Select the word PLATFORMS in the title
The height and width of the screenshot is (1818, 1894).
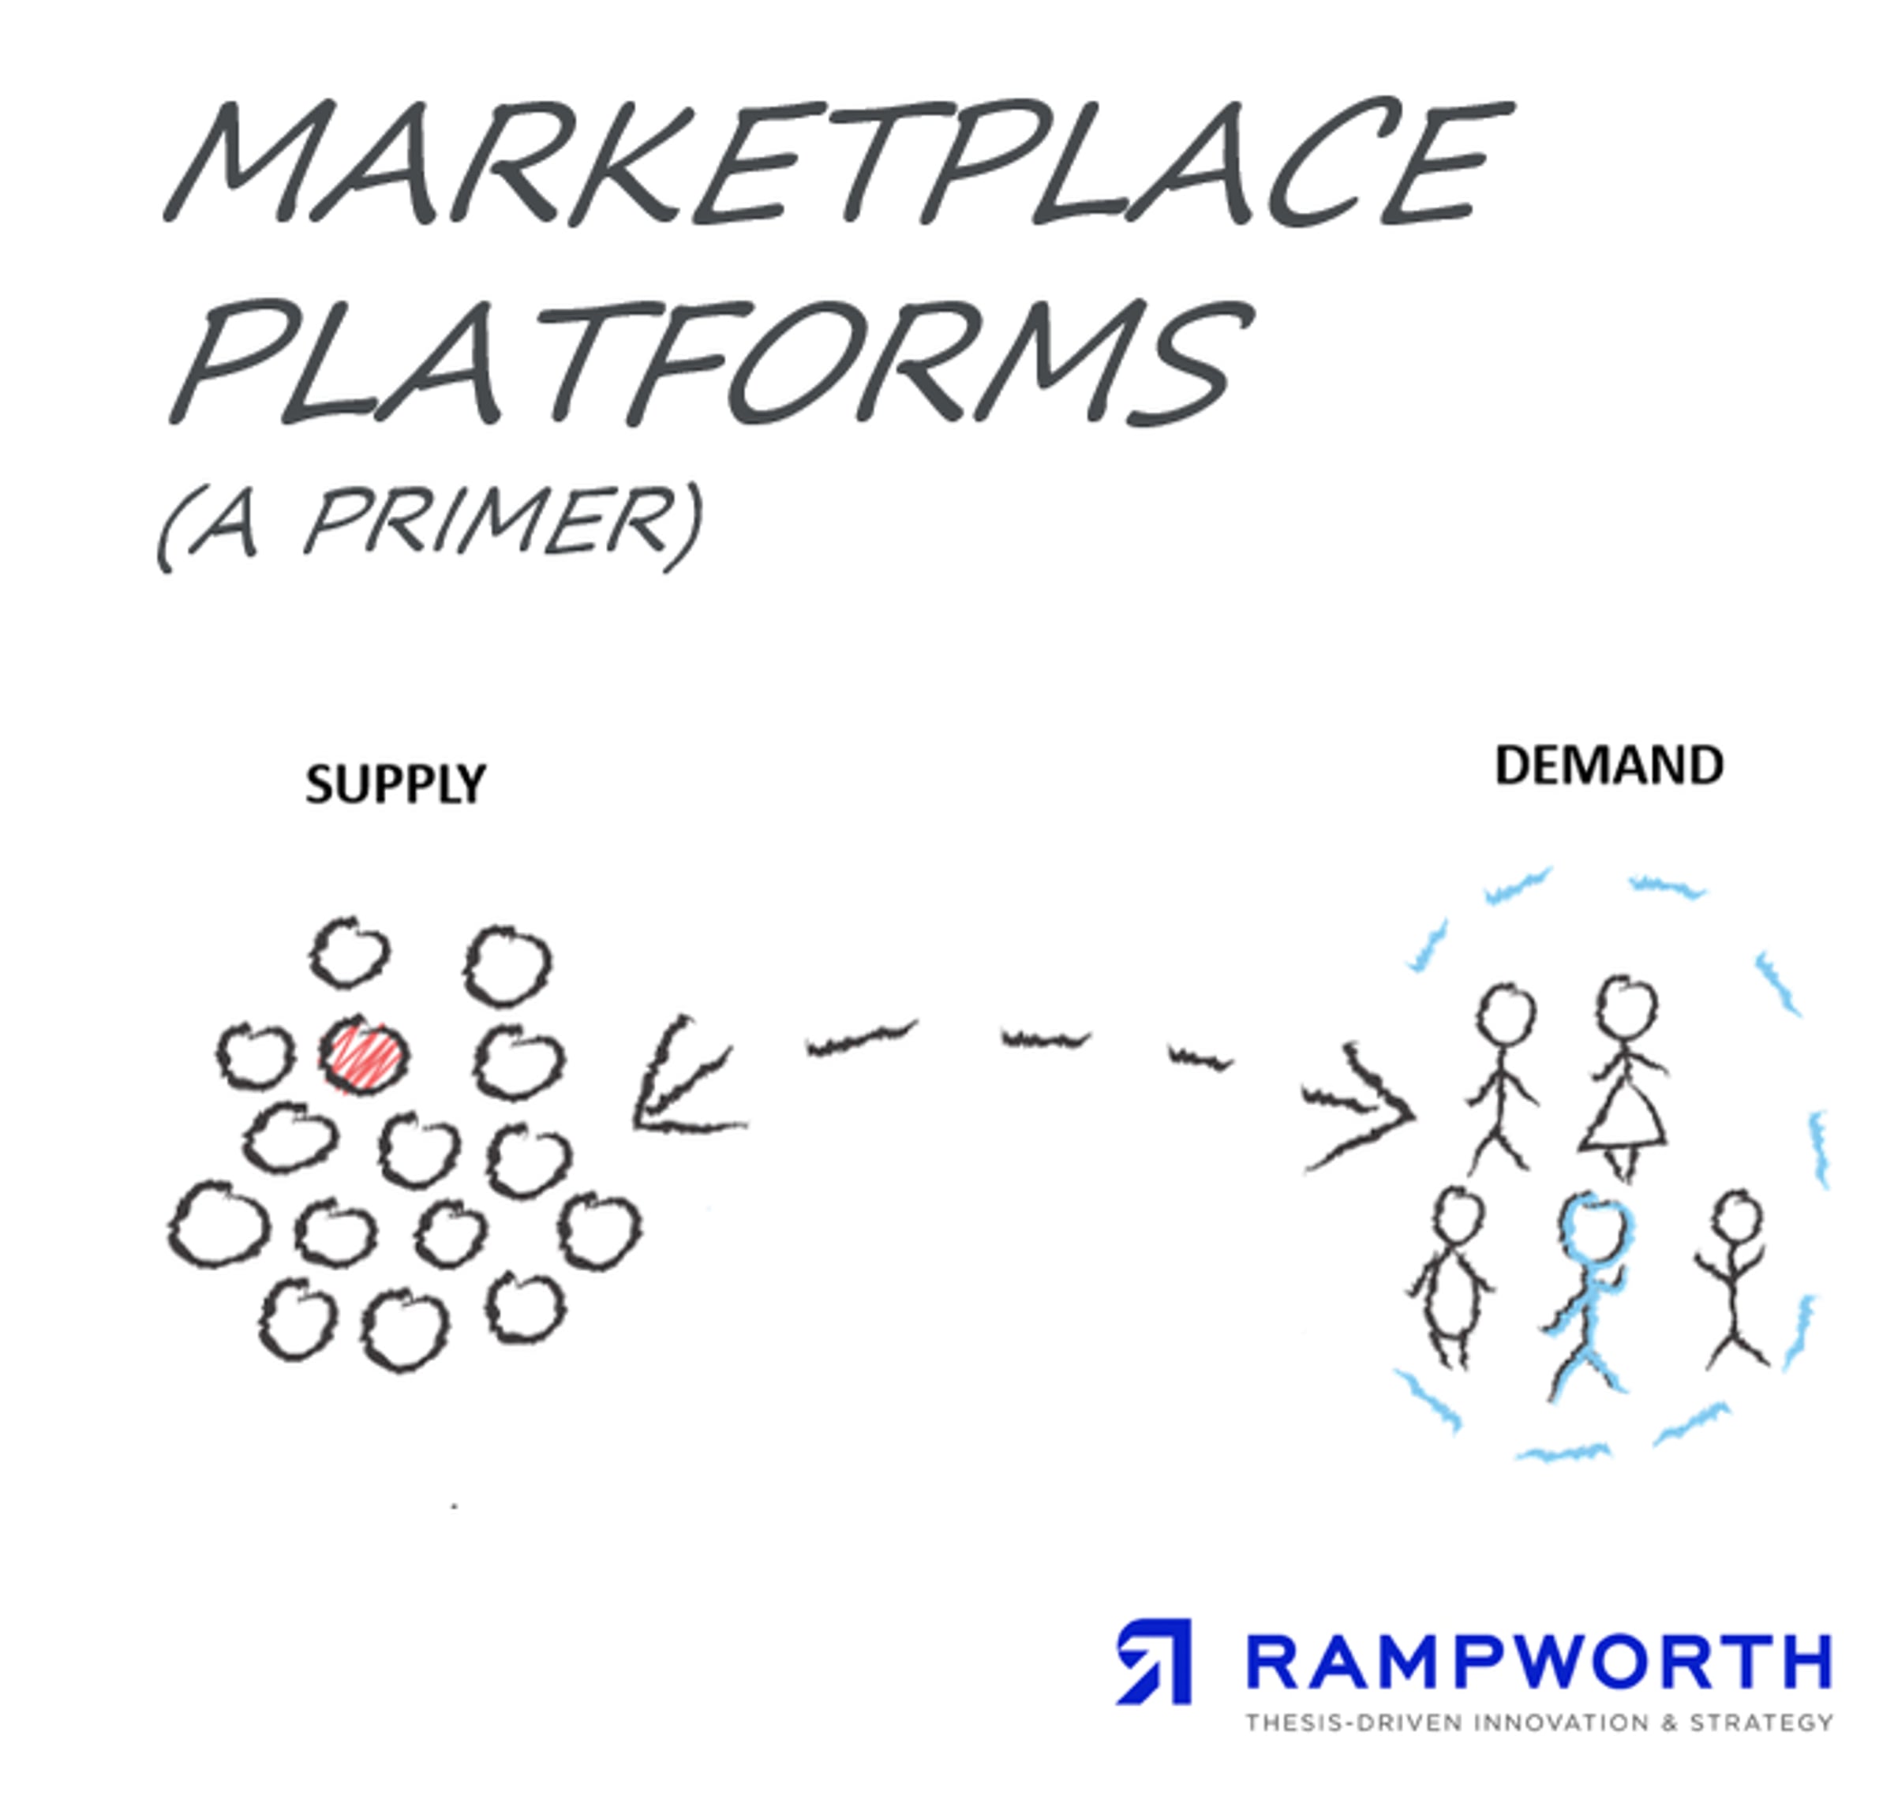710,362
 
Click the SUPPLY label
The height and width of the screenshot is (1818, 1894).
395,784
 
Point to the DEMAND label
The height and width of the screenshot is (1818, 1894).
1609,766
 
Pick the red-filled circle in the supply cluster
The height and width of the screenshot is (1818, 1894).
365,1056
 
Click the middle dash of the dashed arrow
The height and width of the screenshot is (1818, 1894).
1046,1039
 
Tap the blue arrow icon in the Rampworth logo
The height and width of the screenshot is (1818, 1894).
1155,1662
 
